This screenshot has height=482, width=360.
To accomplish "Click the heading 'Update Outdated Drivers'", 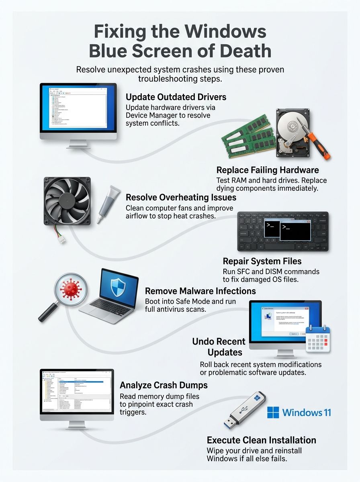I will pyautogui.click(x=176, y=97).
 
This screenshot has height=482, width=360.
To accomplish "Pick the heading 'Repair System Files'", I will pyautogui.click(x=262, y=261).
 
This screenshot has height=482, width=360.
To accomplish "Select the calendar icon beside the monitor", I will pyautogui.click(x=318, y=339).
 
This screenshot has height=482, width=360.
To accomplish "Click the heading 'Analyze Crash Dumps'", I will pyautogui.click(x=164, y=385).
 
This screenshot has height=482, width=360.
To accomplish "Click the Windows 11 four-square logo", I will pyautogui.click(x=273, y=413).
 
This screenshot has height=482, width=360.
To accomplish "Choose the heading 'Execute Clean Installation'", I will pyautogui.click(x=261, y=440).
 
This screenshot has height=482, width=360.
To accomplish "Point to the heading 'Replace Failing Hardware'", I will pyautogui.click(x=268, y=170).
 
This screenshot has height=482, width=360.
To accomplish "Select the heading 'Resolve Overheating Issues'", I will pyautogui.click(x=181, y=198).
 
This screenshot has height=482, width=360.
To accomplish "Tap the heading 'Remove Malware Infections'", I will pyautogui.click(x=200, y=291).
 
